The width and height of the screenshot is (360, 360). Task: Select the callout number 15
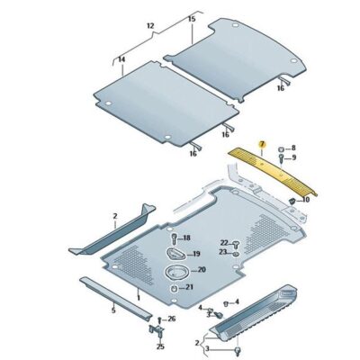point(192,18)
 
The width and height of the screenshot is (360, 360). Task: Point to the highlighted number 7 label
point(262,144)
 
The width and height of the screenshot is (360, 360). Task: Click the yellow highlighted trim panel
point(270,171)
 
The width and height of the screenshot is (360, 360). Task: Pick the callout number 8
point(292,147)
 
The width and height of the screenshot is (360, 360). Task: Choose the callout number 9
point(292,157)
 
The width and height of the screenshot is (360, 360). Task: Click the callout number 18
point(186,238)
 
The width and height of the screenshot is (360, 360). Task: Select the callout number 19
point(194,255)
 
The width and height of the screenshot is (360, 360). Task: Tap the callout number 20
point(200,270)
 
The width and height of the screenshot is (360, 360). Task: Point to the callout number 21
point(189,287)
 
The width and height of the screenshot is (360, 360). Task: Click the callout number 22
point(223,243)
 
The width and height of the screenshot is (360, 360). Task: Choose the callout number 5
point(112,310)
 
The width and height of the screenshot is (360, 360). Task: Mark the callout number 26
point(172,319)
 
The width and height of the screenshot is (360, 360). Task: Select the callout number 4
point(201,308)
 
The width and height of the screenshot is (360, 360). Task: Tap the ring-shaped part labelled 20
point(175,272)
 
